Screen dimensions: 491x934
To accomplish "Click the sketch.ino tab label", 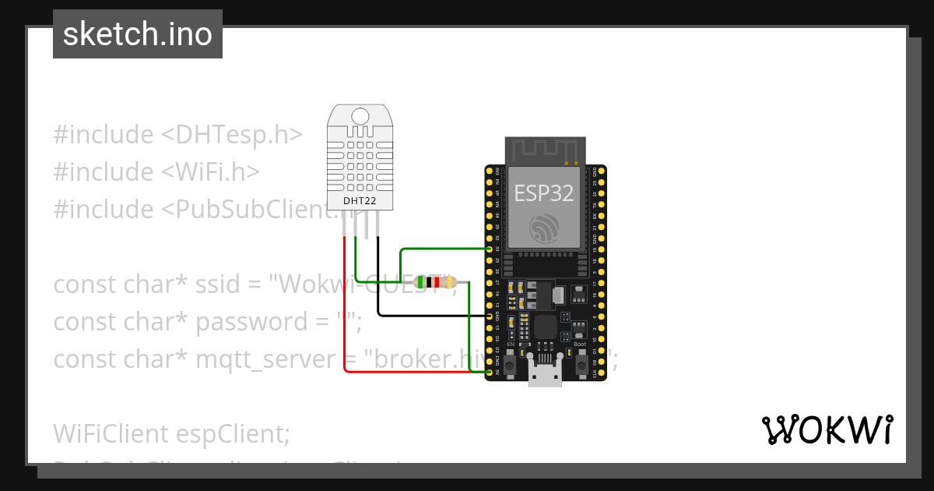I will click(x=137, y=34).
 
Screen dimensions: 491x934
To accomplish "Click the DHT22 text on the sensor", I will click(x=360, y=201).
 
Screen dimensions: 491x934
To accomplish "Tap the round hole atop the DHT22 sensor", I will click(x=360, y=116).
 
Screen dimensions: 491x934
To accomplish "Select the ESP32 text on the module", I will click(x=544, y=193).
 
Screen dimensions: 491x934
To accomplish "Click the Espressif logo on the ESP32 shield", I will click(x=544, y=228).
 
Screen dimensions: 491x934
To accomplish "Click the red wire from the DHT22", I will click(x=343, y=312).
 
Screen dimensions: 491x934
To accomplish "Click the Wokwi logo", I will click(x=827, y=429).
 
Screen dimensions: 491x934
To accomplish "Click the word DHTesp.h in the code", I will click(x=230, y=134).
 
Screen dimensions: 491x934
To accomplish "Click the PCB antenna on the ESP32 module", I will click(x=544, y=150).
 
